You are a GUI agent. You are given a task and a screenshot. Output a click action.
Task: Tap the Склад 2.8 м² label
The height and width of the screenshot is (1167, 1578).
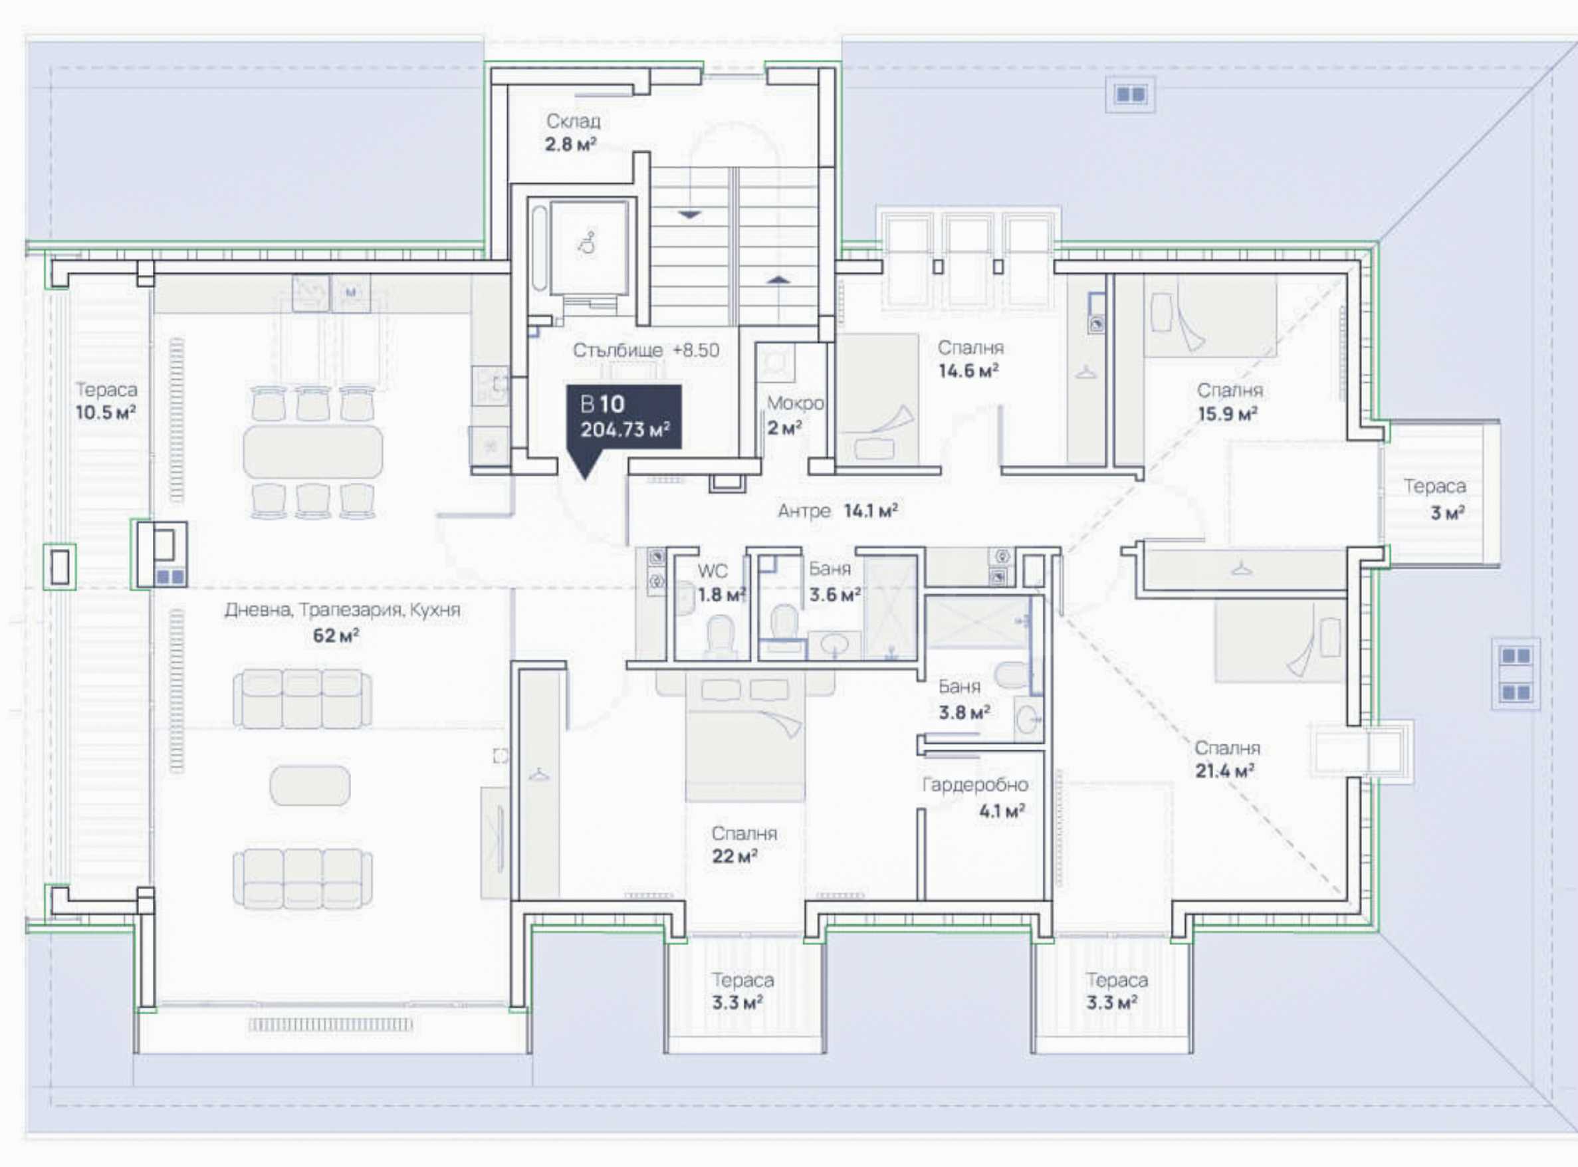point(572,133)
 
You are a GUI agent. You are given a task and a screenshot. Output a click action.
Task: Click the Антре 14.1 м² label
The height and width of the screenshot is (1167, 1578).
point(837,510)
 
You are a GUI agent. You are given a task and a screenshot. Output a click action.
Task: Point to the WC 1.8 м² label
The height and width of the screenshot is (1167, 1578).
point(721,583)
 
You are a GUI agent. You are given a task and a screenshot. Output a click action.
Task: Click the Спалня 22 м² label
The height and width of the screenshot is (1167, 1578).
point(744,845)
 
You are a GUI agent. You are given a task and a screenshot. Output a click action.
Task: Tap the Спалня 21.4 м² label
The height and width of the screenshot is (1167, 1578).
point(1227,759)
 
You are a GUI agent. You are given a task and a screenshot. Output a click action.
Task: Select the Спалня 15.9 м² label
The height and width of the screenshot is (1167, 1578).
point(1229,402)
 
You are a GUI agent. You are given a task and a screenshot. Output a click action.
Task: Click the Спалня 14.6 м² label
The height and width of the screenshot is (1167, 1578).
point(970,359)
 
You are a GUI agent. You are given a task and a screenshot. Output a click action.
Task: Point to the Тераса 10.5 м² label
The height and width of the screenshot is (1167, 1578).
point(106,401)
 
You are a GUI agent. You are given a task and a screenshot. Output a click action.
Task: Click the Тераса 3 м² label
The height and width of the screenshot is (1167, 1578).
point(1434,498)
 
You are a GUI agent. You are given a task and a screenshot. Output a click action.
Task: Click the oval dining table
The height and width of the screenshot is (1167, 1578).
point(313,451)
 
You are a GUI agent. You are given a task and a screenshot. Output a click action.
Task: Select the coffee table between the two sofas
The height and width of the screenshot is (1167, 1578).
point(309,785)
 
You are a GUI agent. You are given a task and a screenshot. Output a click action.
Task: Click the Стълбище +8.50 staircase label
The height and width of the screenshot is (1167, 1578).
point(645,350)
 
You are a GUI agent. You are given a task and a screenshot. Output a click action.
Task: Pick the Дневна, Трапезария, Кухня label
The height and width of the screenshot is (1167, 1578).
point(342,609)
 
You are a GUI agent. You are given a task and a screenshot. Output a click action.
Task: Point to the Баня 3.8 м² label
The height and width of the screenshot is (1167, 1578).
point(962,699)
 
